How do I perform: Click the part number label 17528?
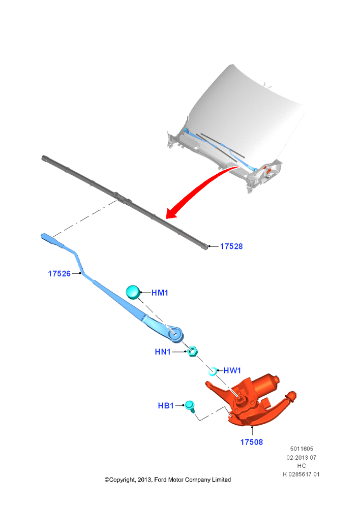tap(231, 246)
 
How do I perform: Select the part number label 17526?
tap(59, 273)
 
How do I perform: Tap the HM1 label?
tap(160, 293)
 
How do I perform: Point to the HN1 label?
tap(163, 352)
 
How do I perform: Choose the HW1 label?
tap(232, 370)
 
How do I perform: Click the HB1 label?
tap(166, 405)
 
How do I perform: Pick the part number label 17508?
tap(251, 442)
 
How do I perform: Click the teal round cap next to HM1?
tap(133, 292)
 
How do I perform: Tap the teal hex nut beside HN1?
tap(193, 352)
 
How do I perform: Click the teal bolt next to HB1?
tap(190, 406)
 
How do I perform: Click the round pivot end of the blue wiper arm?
tap(175, 334)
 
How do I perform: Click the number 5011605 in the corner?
tap(302, 449)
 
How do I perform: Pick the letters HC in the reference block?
tap(302, 466)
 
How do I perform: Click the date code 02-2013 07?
tap(302, 458)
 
